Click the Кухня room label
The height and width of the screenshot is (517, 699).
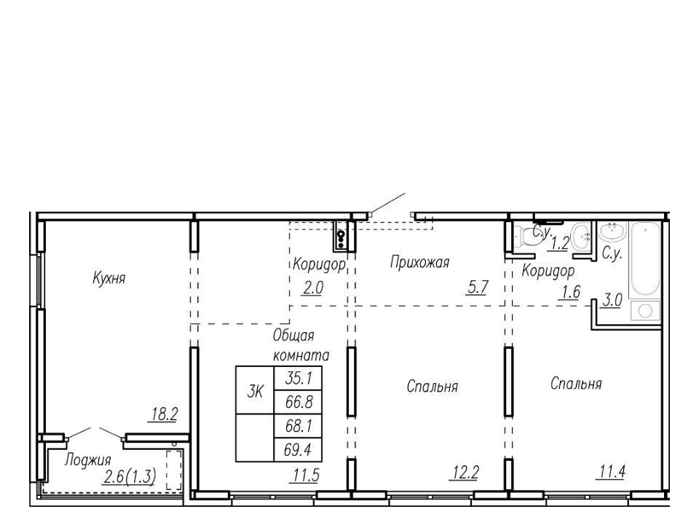tap(109, 278)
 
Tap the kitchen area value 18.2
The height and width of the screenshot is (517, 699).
tap(164, 414)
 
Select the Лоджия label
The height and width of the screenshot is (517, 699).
tap(88, 459)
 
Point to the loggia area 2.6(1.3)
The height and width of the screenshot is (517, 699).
tap(130, 477)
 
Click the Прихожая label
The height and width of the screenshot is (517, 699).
tap(419, 262)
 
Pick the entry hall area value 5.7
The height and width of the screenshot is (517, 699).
tap(478, 288)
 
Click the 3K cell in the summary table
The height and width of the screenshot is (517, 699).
tap(255, 392)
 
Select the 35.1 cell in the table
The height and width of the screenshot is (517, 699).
tap(298, 379)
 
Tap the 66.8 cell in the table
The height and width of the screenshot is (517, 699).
tap(298, 403)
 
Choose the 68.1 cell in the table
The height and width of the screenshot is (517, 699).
tap(298, 427)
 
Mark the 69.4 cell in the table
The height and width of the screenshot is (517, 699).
tap(298, 450)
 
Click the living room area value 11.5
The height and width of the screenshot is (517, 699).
tap(307, 475)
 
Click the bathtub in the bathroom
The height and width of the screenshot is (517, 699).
tap(644, 259)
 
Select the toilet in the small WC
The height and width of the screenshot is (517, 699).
tap(525, 237)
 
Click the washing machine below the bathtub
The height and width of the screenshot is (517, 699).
tap(645, 310)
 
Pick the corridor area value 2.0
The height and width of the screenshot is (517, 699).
tap(313, 288)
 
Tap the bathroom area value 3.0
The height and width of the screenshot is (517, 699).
tap(612, 301)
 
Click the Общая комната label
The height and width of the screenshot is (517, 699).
tap(301, 345)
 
